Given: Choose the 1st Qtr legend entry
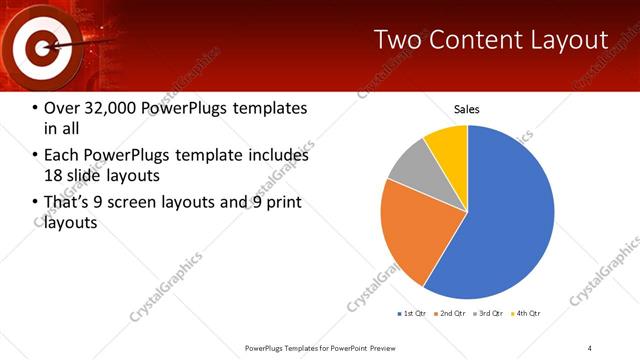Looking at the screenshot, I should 413,314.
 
